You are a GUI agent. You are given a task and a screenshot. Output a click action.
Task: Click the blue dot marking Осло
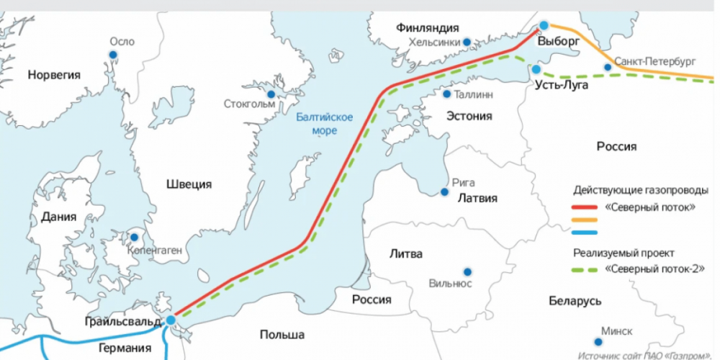113,55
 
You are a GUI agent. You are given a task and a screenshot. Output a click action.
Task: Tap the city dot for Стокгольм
271,94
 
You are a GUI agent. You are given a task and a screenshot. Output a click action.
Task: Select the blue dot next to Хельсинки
467,42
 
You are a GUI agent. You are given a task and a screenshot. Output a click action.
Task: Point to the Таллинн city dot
447,94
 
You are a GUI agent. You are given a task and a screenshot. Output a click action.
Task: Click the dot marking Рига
445,192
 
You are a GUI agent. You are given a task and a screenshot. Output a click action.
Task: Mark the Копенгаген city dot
134,237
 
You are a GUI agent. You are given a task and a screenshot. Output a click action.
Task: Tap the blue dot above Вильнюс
467,271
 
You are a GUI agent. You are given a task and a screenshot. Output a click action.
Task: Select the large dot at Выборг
544,26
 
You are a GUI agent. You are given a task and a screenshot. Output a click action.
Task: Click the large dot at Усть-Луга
536,69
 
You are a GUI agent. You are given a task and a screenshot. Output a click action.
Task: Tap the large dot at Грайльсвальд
171,320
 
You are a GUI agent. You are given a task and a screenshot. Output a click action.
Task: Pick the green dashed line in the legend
588,270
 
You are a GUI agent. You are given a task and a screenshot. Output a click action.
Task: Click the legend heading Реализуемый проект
624,253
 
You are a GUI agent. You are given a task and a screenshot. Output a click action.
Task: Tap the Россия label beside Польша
372,300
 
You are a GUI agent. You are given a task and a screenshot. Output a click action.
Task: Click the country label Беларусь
574,300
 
